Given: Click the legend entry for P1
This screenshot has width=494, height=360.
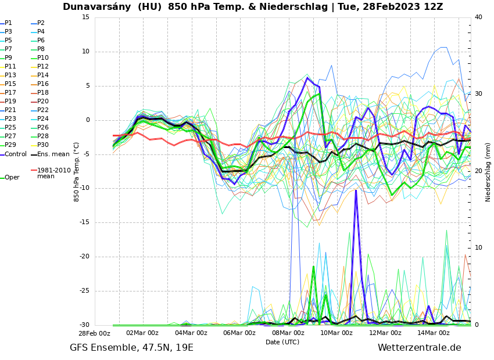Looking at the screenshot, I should (8, 23).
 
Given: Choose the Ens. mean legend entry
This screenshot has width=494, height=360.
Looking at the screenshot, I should (53, 154).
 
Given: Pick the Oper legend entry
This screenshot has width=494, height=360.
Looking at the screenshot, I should (12, 178).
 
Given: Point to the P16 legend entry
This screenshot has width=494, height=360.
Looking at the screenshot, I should (43, 84).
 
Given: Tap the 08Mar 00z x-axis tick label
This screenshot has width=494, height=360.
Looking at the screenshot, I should (288, 333).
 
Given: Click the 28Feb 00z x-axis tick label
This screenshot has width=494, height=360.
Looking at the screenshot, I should (94, 333).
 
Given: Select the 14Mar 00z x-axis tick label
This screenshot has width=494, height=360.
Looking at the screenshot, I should (434, 333).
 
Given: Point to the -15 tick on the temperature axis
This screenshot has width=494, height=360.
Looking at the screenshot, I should (85, 222).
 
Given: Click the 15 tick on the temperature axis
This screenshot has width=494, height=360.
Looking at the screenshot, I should (85, 17).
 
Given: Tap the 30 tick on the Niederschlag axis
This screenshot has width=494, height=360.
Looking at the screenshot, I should (479, 93).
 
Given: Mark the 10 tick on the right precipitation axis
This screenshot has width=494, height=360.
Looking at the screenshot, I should (479, 248).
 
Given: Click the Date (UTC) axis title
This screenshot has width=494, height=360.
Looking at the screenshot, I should (282, 342).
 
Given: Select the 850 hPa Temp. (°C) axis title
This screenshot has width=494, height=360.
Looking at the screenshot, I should (77, 171).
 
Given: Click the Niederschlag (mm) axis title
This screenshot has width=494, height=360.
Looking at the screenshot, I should (488, 172).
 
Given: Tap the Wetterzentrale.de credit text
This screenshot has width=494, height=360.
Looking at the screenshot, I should (419, 348).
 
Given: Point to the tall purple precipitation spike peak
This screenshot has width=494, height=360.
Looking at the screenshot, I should (356, 190).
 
